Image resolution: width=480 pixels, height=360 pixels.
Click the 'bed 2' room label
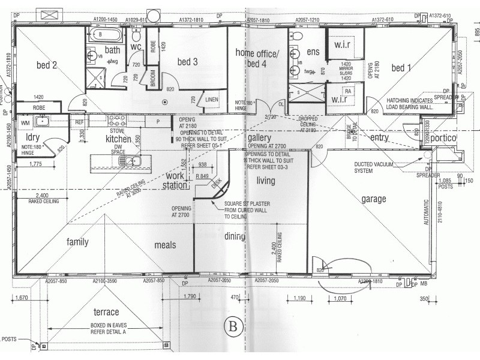point(47,65)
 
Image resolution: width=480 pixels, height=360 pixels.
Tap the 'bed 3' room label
point(187,62)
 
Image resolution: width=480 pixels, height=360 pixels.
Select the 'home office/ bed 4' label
point(257,59)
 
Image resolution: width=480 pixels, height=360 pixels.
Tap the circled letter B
point(233,327)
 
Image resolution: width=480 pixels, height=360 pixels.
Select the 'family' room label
point(77,242)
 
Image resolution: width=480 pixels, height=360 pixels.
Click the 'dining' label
point(235,237)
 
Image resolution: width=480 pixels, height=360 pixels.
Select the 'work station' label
point(175,181)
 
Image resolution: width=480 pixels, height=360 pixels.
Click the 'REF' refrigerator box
point(79,122)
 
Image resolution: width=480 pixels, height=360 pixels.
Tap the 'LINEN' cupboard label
point(211,99)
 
